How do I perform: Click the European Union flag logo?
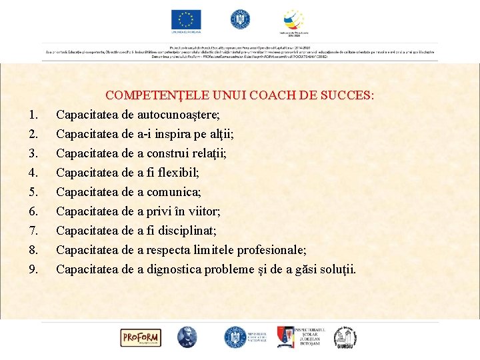186,20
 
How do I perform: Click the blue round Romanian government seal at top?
240,19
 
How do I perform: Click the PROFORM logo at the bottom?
140,337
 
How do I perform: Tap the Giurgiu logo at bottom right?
345,337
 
